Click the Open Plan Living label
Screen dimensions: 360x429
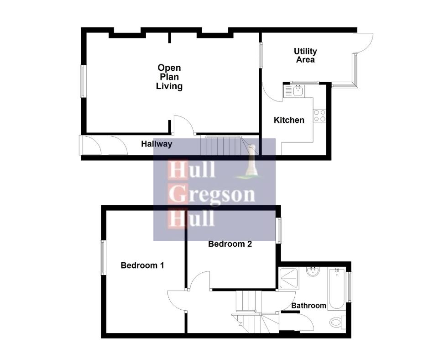pyautogui.click(x=169, y=77)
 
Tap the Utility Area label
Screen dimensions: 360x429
pyautogui.click(x=305, y=55)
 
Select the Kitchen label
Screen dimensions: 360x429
pyautogui.click(x=289, y=120)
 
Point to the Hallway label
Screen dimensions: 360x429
pyautogui.click(x=157, y=144)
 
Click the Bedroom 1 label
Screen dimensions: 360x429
pyautogui.click(x=142, y=265)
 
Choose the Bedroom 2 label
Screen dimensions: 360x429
pyautogui.click(x=230, y=244)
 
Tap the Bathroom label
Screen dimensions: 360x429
pyautogui.click(x=309, y=305)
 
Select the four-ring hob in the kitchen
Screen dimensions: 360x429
pyautogui.click(x=319, y=116)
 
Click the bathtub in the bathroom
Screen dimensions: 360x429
pyautogui.click(x=336, y=288)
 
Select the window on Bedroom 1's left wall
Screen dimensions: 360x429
pyautogui.click(x=103, y=258)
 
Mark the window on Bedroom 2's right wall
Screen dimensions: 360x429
pyautogui.click(x=279, y=230)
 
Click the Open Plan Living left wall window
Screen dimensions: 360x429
pyautogui.click(x=83, y=81)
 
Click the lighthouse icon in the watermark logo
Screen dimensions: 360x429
pyautogui.click(x=251, y=164)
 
